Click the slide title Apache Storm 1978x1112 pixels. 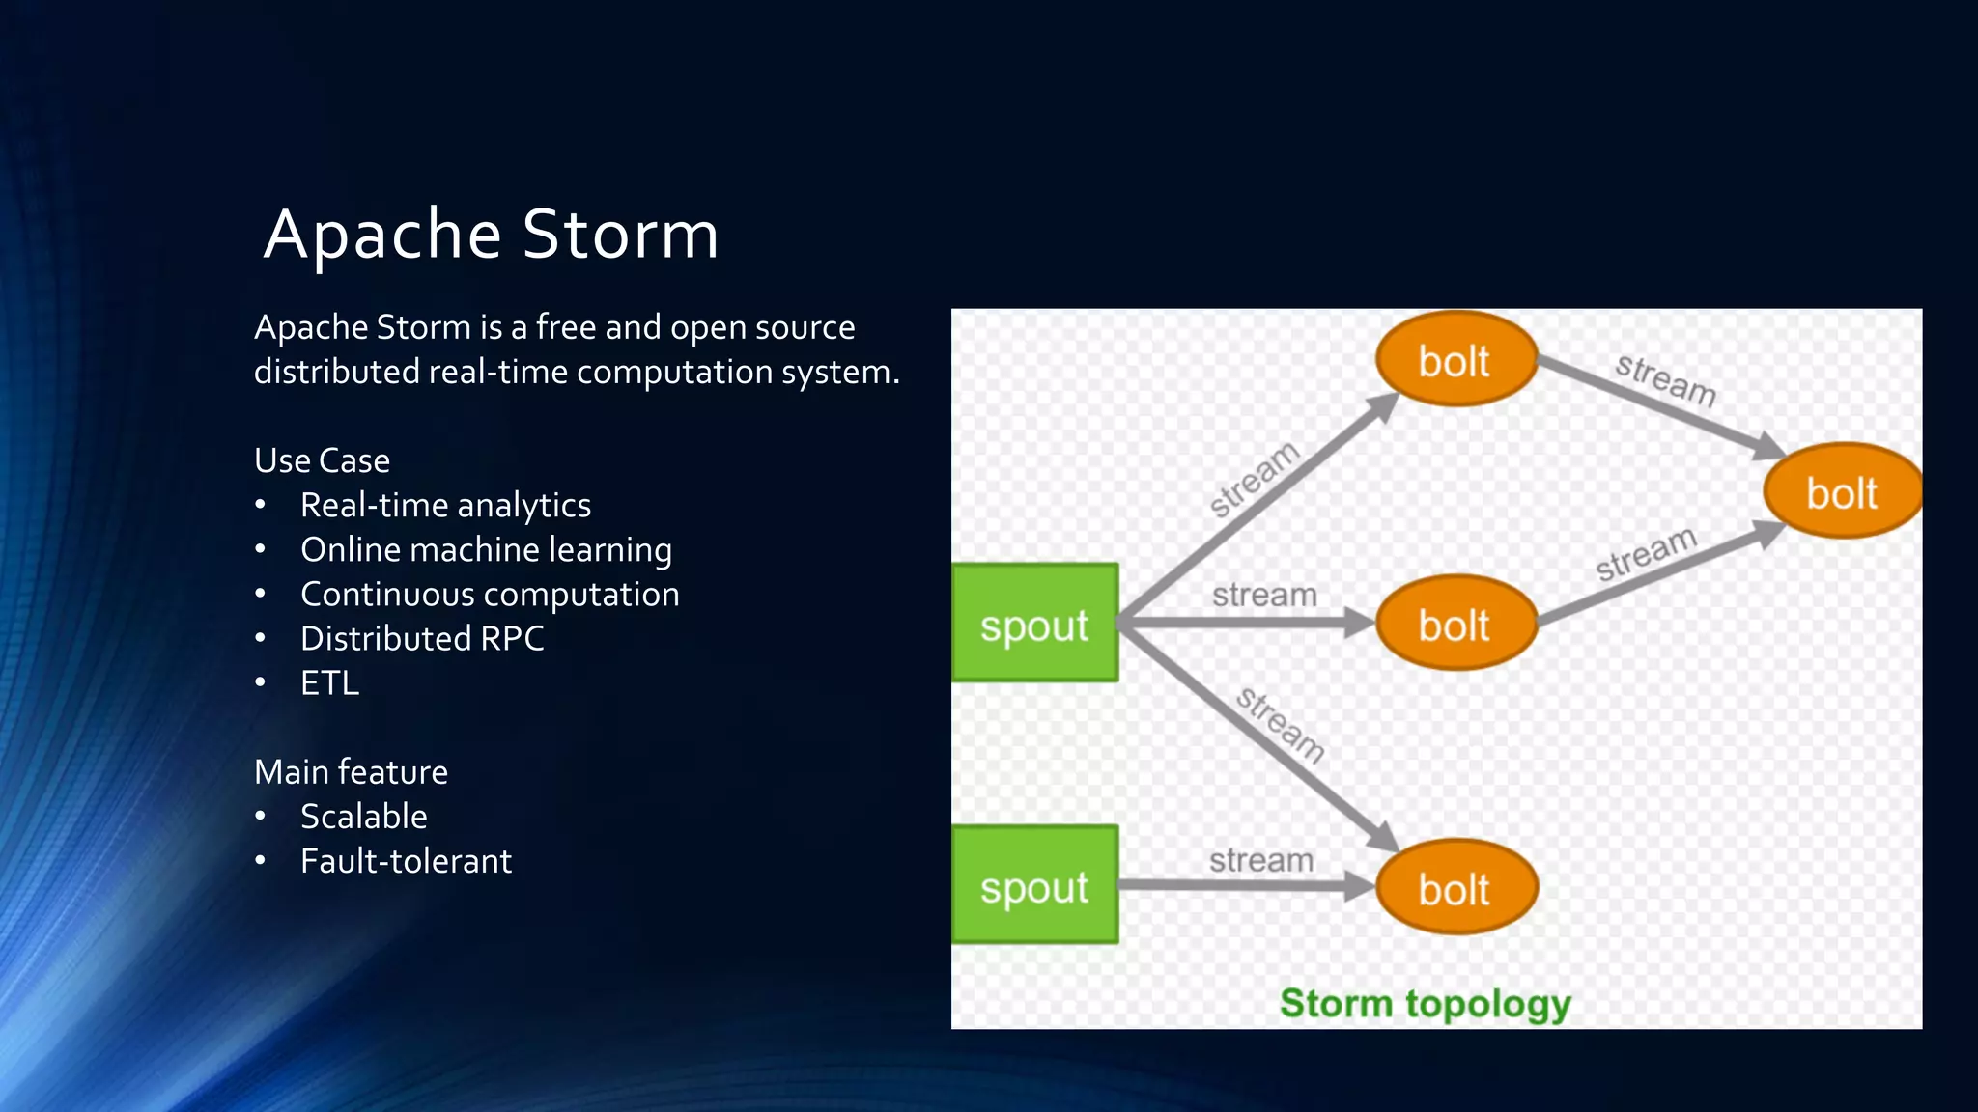(491, 235)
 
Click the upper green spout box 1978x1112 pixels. (1034, 624)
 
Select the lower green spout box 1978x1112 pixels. (1034, 885)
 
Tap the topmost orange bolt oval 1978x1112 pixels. (1455, 360)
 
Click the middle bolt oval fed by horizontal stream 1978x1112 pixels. (1455, 625)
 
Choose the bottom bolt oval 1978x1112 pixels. (1455, 888)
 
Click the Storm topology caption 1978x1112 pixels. (1425, 1003)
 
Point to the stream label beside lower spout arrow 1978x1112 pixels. (1261, 859)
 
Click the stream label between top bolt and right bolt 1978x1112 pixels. (1665, 379)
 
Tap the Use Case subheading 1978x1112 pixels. (322, 460)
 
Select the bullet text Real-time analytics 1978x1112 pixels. (445, 505)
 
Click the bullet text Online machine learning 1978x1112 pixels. (486, 549)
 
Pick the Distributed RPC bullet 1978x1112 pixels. (422, 638)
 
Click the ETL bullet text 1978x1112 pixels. (329, 682)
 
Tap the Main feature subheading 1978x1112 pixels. (351, 771)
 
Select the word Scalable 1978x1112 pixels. (363, 816)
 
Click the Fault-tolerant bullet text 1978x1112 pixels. (406, 860)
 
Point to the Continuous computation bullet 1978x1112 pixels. (490, 594)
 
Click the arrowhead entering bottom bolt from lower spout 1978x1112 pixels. (1360, 886)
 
